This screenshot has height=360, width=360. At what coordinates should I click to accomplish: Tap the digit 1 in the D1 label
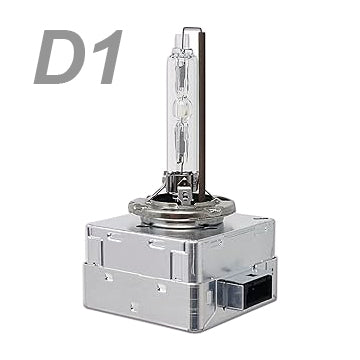point(107,57)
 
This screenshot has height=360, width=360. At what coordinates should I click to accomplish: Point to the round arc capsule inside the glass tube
point(182,109)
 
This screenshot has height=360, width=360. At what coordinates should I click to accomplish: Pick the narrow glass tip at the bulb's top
point(182,41)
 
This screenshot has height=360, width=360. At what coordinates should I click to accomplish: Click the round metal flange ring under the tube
point(182,209)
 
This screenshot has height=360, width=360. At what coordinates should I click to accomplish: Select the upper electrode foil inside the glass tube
point(181,76)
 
